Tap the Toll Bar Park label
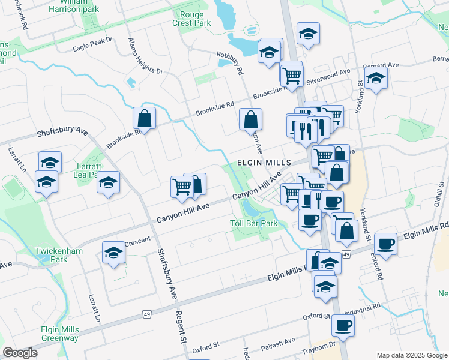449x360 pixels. point(254,223)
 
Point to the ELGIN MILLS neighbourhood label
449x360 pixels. point(264,163)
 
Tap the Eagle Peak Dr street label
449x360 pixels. point(92,44)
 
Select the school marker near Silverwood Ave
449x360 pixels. point(376,78)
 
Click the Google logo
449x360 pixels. point(20,353)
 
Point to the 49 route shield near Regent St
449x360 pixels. point(146,314)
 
